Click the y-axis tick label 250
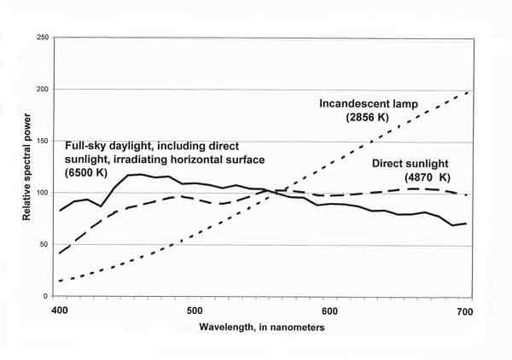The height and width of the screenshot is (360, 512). [x=41, y=38]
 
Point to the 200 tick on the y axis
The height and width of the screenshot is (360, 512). [x=41, y=90]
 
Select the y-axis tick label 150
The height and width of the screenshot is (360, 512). [x=41, y=142]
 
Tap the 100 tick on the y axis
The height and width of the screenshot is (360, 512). [x=41, y=194]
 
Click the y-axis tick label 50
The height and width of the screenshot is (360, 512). [x=44, y=246]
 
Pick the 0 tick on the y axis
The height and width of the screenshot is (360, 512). [x=46, y=297]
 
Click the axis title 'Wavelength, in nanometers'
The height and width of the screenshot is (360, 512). [x=262, y=328]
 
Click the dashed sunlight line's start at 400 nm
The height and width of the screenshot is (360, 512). [x=60, y=253]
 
